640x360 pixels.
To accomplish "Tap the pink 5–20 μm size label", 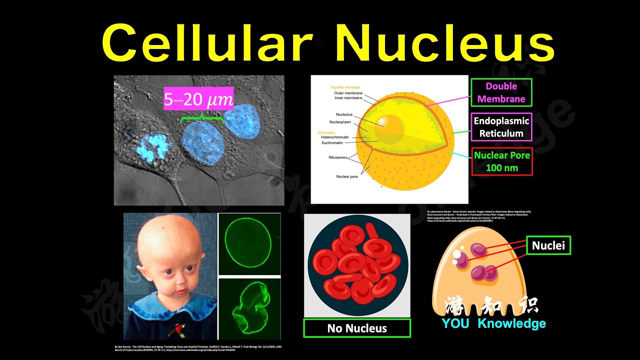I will coord(198,100).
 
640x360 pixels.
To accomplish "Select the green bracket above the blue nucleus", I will coord(201,118).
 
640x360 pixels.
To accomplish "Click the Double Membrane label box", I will coord(501,92).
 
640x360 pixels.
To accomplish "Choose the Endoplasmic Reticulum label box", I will coord(501,127).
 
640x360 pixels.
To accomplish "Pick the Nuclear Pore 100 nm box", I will coord(501,161).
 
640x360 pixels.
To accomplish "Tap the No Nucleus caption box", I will coord(357,328).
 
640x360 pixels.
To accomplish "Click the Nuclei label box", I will coord(548,245).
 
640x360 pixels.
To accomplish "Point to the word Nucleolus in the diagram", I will coord(344,114).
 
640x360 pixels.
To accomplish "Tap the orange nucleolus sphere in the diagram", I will coord(384,126).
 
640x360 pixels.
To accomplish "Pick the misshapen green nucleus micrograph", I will coord(248,306).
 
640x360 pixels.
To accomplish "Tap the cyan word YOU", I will coord(455,323).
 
